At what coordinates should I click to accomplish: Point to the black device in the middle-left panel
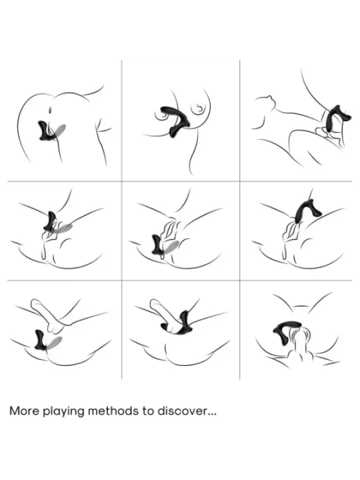click(x=51, y=221)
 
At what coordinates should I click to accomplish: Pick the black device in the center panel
click(x=158, y=245)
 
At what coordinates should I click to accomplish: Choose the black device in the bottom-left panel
click(x=41, y=340)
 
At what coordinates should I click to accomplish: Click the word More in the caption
click(x=25, y=411)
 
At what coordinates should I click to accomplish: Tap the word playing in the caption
click(x=63, y=412)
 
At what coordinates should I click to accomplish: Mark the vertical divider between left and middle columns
click(x=122, y=219)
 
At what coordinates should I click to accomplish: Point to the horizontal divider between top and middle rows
click(x=180, y=181)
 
